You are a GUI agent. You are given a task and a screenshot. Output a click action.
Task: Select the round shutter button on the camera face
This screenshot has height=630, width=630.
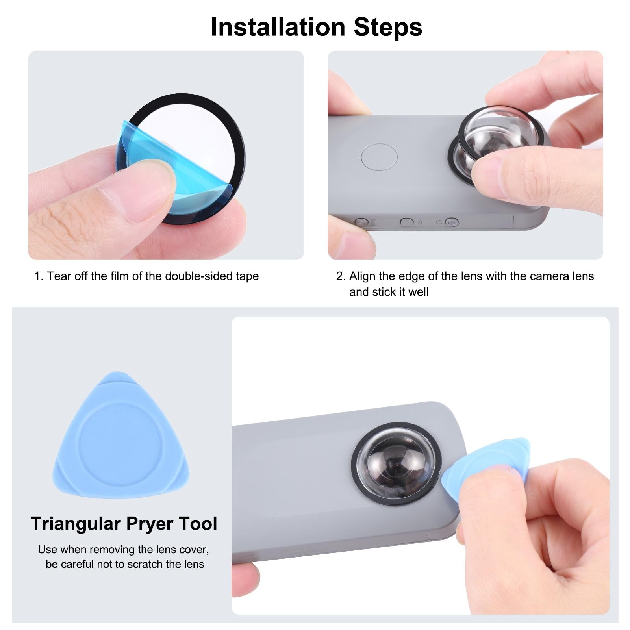tap(379, 157)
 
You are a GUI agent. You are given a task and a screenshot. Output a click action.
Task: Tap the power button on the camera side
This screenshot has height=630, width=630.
tap(452, 222)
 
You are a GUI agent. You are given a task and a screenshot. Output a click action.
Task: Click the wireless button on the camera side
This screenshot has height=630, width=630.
tap(406, 222)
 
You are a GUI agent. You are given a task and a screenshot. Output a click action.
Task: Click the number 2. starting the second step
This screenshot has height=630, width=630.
tap(341, 276)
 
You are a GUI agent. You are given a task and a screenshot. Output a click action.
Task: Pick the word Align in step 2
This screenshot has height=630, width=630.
tap(362, 276)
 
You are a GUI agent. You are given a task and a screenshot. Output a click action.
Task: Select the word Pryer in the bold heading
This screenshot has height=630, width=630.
tap(150, 524)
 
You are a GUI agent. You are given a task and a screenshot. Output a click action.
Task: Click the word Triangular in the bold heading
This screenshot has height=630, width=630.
tap(76, 524)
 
